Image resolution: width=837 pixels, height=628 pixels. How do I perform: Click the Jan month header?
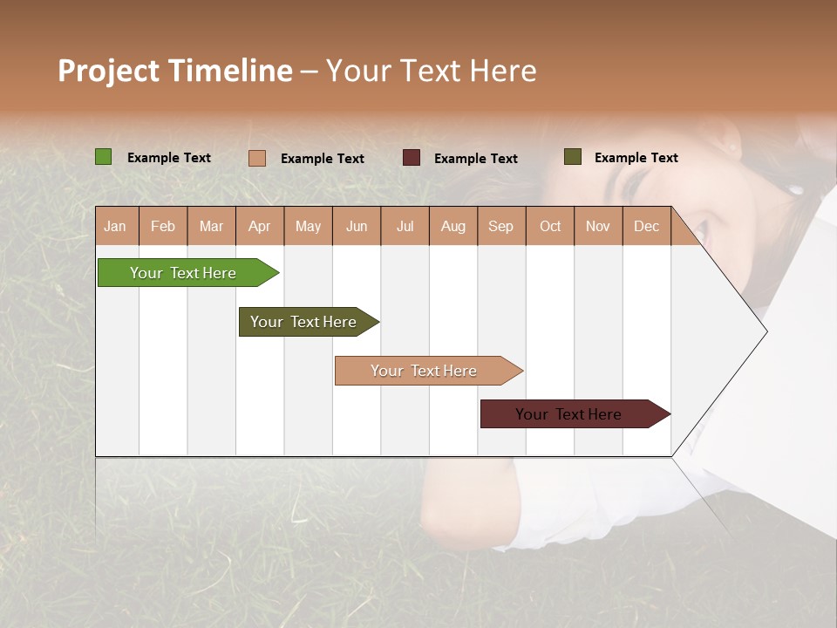point(115,226)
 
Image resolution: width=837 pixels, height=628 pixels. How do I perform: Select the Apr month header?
point(259,226)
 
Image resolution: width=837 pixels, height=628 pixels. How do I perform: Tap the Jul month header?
point(405,226)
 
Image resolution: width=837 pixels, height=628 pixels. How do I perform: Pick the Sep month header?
point(500,226)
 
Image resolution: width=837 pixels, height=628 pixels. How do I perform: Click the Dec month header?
point(646,226)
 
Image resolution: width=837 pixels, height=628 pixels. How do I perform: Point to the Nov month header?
point(597,226)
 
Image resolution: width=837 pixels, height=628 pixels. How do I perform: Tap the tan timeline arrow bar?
point(425,371)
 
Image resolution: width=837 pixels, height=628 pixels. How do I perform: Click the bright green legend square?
point(103,157)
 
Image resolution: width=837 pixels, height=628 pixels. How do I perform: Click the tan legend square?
point(256,158)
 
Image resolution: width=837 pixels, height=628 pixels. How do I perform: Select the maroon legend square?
point(412,158)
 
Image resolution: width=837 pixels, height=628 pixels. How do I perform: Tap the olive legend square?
point(572,157)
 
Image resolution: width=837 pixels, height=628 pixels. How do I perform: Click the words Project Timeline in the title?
point(174,71)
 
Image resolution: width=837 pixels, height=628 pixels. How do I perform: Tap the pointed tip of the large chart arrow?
point(766,331)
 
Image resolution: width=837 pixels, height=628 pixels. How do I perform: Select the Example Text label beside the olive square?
point(636,158)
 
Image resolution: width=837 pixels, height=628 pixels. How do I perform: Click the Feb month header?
point(163,226)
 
